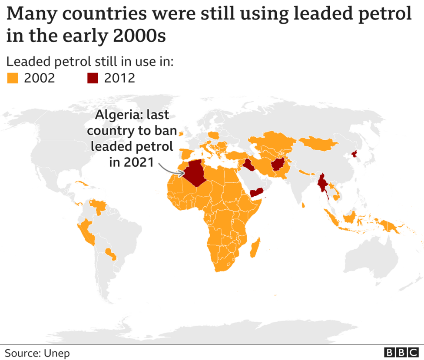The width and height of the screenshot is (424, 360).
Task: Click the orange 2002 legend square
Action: coord(13,79)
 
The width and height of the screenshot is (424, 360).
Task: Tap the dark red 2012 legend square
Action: coord(93,79)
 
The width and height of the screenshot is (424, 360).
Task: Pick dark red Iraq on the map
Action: coord(249,165)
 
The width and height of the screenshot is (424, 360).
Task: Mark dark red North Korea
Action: coord(354,154)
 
